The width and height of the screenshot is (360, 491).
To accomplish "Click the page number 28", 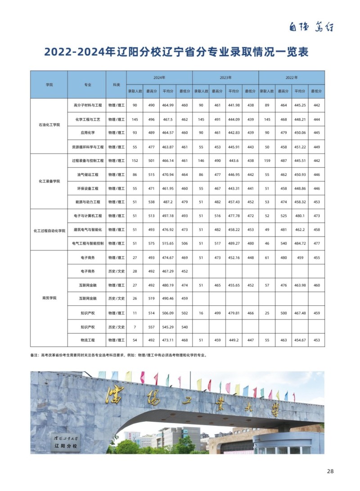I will pos(330,471).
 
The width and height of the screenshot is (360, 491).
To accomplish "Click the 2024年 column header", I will pos(159,77).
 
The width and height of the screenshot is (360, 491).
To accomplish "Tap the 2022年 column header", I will pos(292,77).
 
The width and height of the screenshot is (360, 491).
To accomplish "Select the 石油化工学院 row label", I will pos(49,125).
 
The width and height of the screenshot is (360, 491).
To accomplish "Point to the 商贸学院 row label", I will pos(49,298).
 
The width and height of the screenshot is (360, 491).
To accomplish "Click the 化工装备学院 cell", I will pos(49,181).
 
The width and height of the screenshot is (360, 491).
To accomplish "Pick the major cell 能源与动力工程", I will pos(87,202).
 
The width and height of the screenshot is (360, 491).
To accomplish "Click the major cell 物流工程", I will pos(87,340).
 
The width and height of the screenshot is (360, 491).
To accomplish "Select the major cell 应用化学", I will pos(87,133).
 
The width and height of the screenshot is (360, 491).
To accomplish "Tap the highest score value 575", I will pos(151,243).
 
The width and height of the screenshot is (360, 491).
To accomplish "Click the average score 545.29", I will pos(168,326).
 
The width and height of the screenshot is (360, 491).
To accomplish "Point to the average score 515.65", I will pos(168,243).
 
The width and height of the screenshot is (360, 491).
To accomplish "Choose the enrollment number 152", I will pos(135,161).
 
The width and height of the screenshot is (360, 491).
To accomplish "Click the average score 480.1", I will pos(300,216).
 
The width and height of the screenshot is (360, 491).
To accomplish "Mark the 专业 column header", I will pos(87,85).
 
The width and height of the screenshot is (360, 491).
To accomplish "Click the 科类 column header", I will pos(116,85).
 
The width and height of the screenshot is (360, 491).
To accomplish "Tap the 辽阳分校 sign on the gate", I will pos(66,447).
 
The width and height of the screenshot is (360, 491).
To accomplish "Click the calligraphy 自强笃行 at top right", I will pos(311,27).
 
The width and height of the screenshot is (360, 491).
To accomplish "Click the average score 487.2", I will pos(168,202).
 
